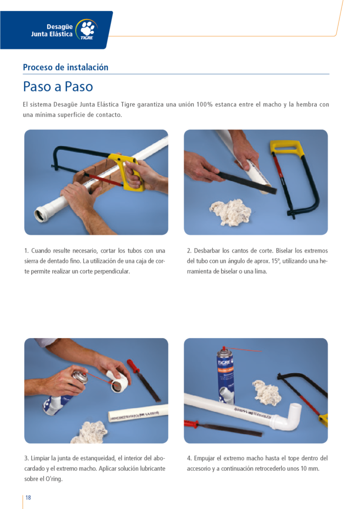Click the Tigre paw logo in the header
87,29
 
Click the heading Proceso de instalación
66,67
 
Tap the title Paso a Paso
58,86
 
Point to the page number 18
28,497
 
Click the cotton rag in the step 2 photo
231,212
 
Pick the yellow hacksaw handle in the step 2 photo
287,148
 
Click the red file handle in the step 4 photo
191,424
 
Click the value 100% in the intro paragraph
204,104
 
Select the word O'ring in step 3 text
53,479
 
